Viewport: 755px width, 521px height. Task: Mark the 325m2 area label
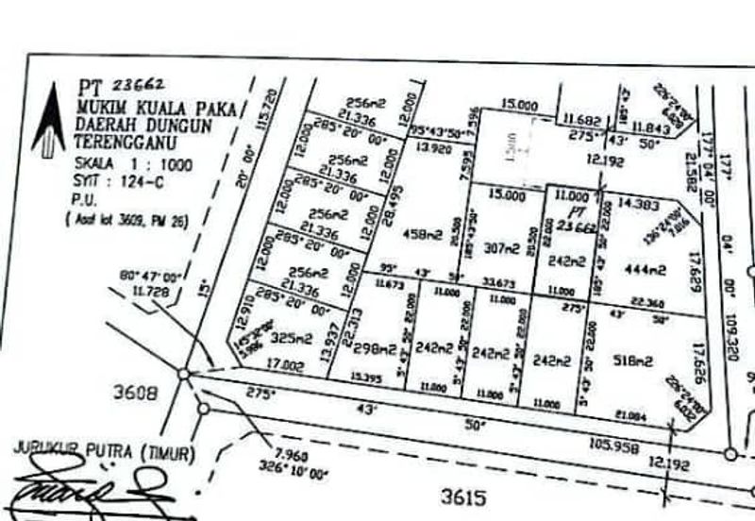(291, 338)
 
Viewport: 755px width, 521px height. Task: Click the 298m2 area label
(375, 348)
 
